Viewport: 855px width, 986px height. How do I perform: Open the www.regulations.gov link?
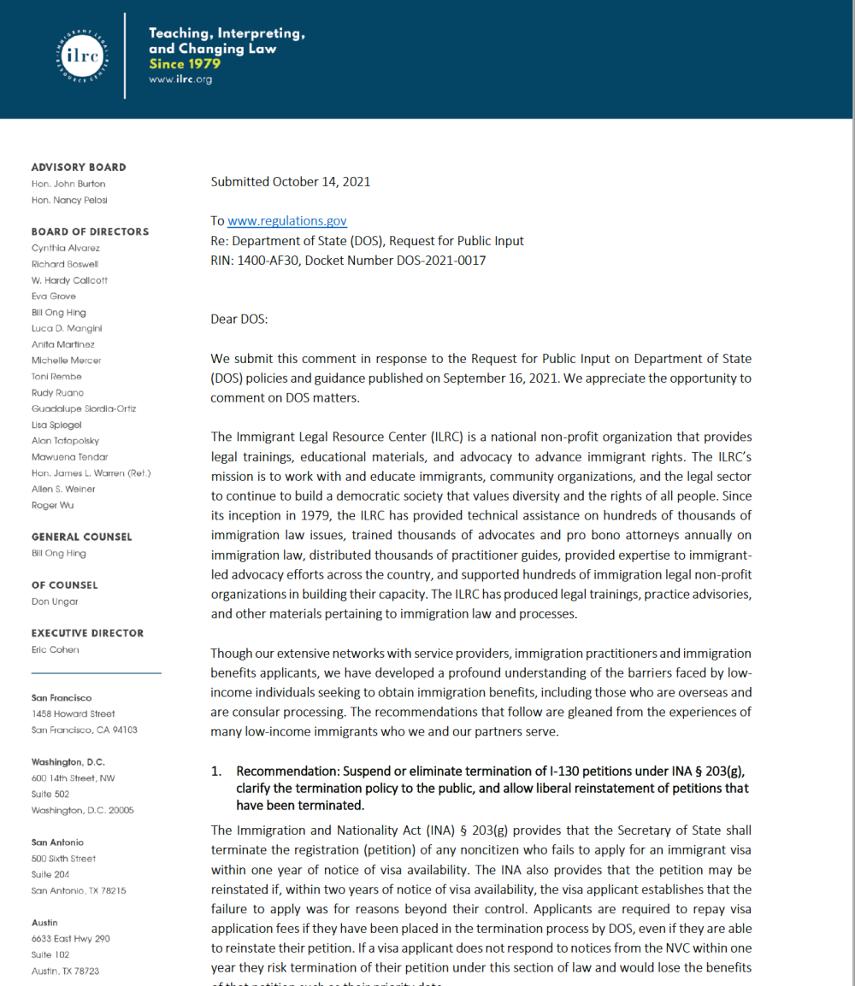286,220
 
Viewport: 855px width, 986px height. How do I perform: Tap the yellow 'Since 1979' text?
185,64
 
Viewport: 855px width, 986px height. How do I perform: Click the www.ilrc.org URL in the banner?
180,79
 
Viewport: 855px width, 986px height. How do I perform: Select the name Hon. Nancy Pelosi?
69,200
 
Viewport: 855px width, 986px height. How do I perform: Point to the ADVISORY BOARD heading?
79,167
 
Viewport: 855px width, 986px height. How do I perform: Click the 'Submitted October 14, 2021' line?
290,181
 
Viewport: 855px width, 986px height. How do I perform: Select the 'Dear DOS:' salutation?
239,319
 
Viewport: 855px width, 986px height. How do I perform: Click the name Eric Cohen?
56,649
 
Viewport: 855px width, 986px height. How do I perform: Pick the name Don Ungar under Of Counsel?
55,602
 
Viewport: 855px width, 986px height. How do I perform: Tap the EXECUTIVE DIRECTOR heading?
87,633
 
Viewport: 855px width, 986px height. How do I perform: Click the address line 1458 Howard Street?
73,713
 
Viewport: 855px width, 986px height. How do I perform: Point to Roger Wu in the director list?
52,505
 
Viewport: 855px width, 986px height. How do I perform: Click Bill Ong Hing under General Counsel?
59,554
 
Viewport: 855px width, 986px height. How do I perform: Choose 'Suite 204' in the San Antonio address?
52,874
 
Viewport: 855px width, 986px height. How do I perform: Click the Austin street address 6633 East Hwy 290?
71,939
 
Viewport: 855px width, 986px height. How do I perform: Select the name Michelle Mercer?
66,361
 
